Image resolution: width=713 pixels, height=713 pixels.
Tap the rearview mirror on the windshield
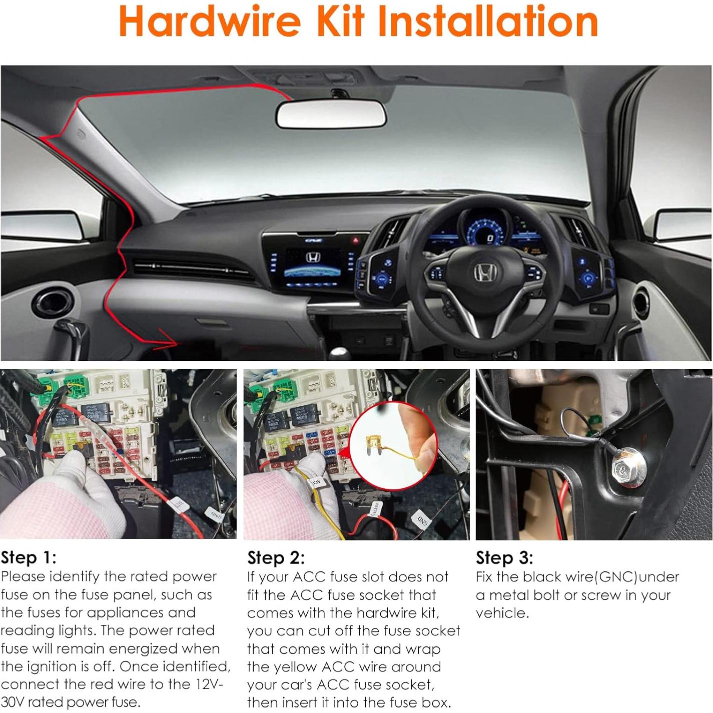[331, 115]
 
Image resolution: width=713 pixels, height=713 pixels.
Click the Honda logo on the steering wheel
[485, 273]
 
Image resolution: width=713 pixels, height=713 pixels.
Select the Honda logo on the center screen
[313, 258]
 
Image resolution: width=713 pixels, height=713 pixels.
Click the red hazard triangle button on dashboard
[356, 241]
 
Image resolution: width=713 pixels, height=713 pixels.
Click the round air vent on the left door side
[53, 304]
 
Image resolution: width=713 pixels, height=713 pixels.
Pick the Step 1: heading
[29, 557]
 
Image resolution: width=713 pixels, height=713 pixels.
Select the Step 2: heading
[276, 557]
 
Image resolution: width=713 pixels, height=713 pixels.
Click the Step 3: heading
[504, 557]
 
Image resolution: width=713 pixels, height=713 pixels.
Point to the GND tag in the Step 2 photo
[422, 521]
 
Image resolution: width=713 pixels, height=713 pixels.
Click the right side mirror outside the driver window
[683, 224]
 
